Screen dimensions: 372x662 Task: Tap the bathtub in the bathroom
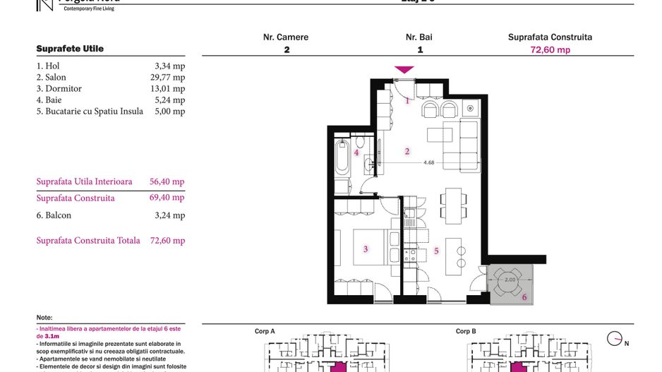point(342,159)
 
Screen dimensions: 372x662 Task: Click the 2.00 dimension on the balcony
point(511,280)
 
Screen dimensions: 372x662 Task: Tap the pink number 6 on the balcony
point(524,297)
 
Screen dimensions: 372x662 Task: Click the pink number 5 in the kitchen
point(437,251)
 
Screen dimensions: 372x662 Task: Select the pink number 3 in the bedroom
point(365,248)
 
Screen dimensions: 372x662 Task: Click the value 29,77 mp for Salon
point(169,78)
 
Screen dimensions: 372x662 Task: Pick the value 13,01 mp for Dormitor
point(169,89)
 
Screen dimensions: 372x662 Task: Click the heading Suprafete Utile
point(70,49)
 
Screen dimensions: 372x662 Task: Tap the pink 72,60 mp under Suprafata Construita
point(550,50)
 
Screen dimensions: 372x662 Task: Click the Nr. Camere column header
point(286,37)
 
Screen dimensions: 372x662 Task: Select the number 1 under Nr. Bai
point(420,50)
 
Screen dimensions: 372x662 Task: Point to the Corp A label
point(265,331)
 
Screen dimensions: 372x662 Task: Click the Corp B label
point(466,331)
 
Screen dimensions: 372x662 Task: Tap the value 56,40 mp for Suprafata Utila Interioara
point(167,181)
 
